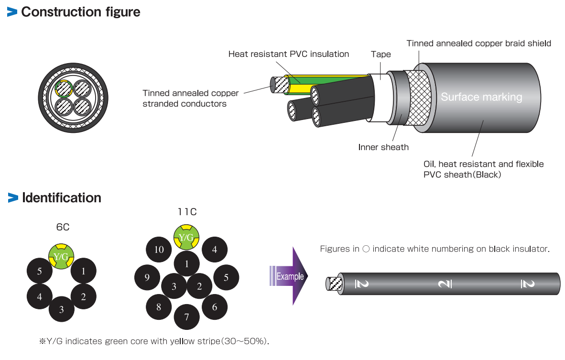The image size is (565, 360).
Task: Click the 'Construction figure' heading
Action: pyautogui.click(x=80, y=12)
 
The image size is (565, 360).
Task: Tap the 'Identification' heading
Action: pyautogui.click(x=61, y=197)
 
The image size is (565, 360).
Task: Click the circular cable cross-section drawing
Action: pyautogui.click(x=73, y=97)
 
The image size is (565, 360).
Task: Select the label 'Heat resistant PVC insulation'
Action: pyautogui.click(x=288, y=54)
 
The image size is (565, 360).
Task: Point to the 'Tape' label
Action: pyautogui.click(x=380, y=55)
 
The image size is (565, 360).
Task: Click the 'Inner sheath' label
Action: pyautogui.click(x=383, y=147)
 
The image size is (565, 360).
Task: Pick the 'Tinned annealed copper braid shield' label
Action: pyautogui.click(x=478, y=44)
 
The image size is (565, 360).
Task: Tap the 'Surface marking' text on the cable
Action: pyautogui.click(x=481, y=98)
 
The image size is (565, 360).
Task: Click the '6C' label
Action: pyautogui.click(x=63, y=227)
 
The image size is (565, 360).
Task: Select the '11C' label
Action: pyautogui.click(x=187, y=211)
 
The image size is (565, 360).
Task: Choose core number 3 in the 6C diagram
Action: pyautogui.click(x=62, y=309)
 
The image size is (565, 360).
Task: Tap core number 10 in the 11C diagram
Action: pyautogui.click(x=159, y=249)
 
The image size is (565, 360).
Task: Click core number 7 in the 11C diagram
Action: pyautogui.click(x=187, y=316)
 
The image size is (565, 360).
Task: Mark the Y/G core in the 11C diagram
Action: pyautogui.click(x=186, y=237)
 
